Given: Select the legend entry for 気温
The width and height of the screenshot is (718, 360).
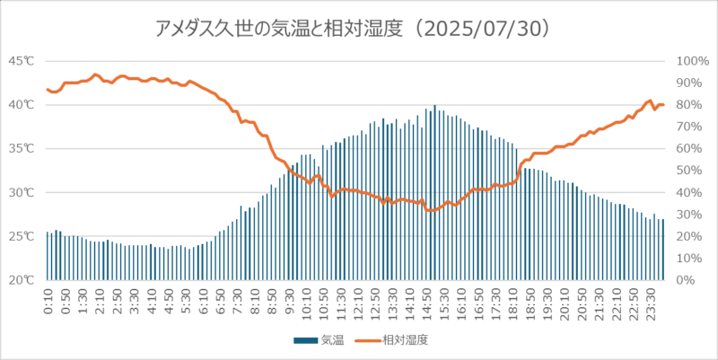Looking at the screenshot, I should [x=317, y=340].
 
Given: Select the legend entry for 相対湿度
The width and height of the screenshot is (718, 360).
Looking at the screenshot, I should [x=394, y=340].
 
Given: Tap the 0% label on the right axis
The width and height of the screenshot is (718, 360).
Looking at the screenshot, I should [x=687, y=280].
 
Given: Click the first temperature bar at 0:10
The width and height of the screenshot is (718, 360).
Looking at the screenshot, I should [x=48, y=256].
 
